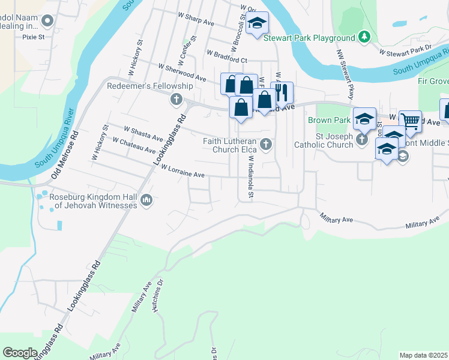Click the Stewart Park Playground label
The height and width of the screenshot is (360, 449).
tap(313, 38)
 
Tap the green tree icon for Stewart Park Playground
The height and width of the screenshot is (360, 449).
tap(364, 37)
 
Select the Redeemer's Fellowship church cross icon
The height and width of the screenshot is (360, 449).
tap(176, 99)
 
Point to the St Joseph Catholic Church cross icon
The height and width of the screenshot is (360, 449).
tap(361, 140)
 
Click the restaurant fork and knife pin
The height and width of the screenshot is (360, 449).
tap(282, 92)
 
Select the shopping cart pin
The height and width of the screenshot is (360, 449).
tap(410, 121)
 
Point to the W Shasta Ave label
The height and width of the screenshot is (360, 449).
tap(143, 133)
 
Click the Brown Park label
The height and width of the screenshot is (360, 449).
tap(329, 121)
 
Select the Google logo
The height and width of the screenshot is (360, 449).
tap(20, 353)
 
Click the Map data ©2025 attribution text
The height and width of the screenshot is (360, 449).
tap(423, 355)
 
